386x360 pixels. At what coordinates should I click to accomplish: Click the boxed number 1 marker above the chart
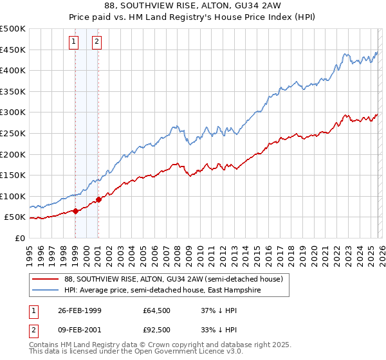pos(75,42)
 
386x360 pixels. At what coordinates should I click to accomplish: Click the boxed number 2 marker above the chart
pos(96,42)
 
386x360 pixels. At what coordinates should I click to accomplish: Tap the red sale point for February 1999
pos(75,210)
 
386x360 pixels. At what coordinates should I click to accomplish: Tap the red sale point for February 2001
pos(98,199)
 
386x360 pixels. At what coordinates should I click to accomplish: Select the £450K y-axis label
pos(13,50)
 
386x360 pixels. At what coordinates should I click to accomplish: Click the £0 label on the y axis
pos(20,238)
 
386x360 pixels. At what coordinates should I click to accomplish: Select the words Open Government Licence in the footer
pos(179,353)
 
